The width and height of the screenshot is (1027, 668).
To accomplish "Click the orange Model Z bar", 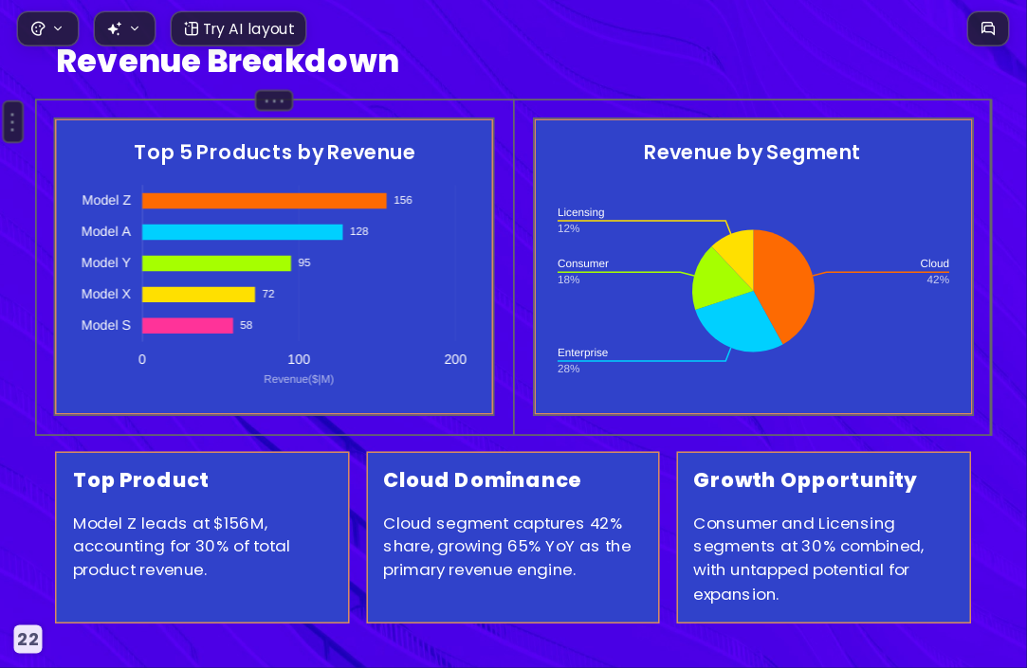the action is pos(264,200).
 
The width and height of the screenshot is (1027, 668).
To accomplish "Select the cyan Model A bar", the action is pos(243,231).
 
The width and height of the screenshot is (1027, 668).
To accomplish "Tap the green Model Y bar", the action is pos(216,263).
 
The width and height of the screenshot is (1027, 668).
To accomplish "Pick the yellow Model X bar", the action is pos(198,295).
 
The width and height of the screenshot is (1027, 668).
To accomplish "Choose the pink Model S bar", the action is pos(188,325).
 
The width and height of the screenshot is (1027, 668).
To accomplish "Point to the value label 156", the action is pos(403,200).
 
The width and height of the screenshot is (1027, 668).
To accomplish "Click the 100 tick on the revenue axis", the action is pos(299,359).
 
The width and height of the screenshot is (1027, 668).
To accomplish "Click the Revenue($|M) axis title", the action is pos(299,379).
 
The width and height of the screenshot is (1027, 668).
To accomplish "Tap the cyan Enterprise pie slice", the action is pos(737,320).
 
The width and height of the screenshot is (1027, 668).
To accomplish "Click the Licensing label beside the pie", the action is pos(581,212).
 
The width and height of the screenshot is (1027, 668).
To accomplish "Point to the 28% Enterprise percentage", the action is pos(569,369).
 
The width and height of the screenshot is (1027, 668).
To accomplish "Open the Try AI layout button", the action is pos(238,28).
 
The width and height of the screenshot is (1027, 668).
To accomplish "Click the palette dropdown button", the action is pos(47,28).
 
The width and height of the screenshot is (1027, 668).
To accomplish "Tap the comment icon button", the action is pos(988,28).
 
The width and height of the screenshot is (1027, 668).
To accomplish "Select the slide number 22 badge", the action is pos(28,640).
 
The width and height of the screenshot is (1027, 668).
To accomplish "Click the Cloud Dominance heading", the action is pos(482,480).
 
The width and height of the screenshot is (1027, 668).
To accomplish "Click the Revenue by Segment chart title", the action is pos(751,153).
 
